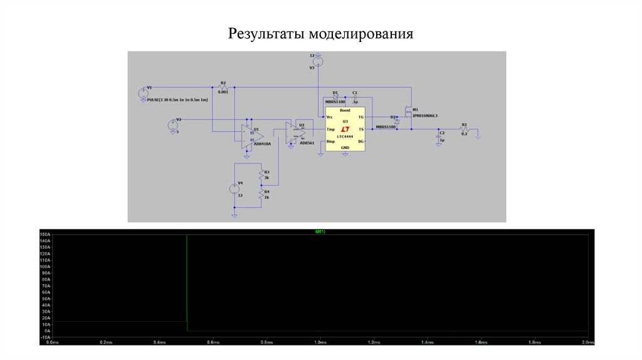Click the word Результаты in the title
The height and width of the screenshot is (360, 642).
click(x=266, y=33)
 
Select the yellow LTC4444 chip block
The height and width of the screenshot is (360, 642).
click(x=344, y=128)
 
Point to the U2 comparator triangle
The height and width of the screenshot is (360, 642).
click(x=295, y=132)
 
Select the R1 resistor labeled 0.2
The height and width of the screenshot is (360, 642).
click(x=465, y=129)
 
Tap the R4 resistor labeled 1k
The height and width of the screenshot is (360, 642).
click(x=260, y=194)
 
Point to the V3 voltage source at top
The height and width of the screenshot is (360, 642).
click(x=318, y=61)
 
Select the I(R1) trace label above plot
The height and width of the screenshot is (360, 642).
click(x=320, y=231)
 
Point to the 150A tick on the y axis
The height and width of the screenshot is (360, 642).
click(x=45, y=235)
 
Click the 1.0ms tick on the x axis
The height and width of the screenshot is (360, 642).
click(x=320, y=342)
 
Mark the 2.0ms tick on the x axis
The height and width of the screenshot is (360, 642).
click(x=588, y=342)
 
